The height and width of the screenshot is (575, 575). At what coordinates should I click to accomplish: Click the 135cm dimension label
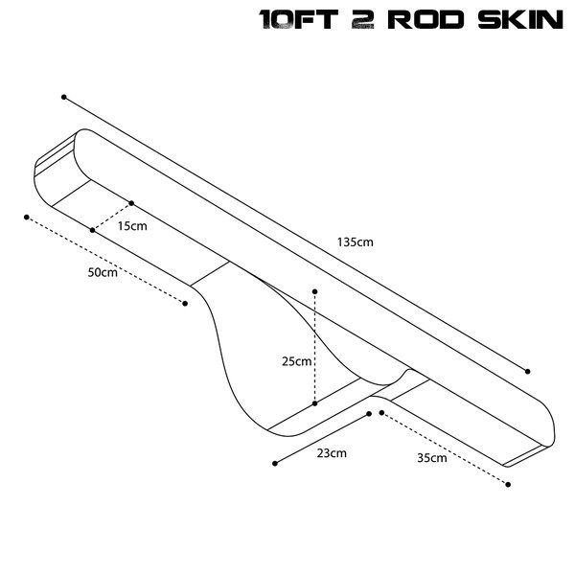tap(356, 242)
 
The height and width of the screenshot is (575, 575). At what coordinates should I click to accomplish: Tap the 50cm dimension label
tap(102, 272)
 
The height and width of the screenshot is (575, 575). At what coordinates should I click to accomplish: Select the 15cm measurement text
tap(131, 226)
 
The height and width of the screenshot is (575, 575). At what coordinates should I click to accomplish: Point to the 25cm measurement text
tap(296, 361)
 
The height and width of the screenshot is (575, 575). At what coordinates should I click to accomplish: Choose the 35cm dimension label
tap(431, 458)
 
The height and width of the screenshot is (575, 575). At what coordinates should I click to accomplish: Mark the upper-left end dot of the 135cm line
tap(64, 97)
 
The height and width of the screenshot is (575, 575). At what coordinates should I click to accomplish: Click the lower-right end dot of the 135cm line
tap(527, 371)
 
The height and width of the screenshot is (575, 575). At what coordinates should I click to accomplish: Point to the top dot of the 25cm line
tap(314, 289)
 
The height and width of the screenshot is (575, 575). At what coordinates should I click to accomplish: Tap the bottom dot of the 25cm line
tap(314, 403)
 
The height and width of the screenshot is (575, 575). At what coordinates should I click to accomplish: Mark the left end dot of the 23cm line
tap(275, 464)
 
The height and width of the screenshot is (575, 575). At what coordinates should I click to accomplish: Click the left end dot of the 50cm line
tap(26, 218)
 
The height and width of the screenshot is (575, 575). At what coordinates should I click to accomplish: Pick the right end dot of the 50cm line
tap(184, 304)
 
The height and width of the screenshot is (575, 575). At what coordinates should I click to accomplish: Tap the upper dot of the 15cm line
tap(131, 203)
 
